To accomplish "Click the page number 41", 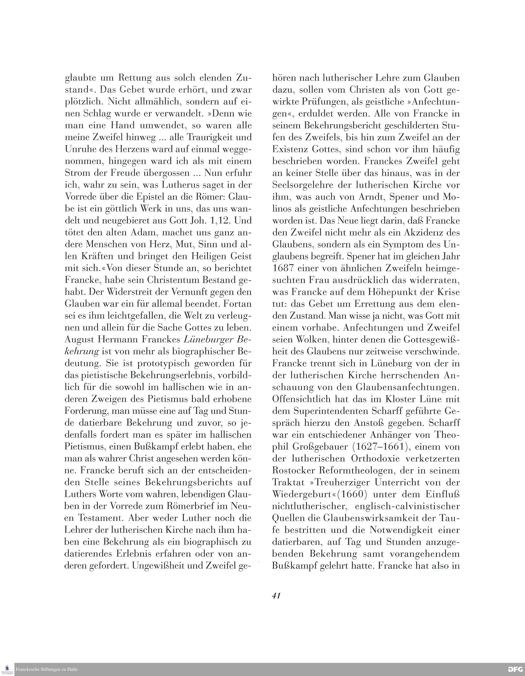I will (x=276, y=595).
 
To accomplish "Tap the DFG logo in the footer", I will (x=515, y=669).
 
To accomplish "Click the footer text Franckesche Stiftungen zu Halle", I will (x=46, y=669).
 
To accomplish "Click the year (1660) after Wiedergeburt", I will (x=352, y=494).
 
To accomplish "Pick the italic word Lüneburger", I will (x=209, y=339).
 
